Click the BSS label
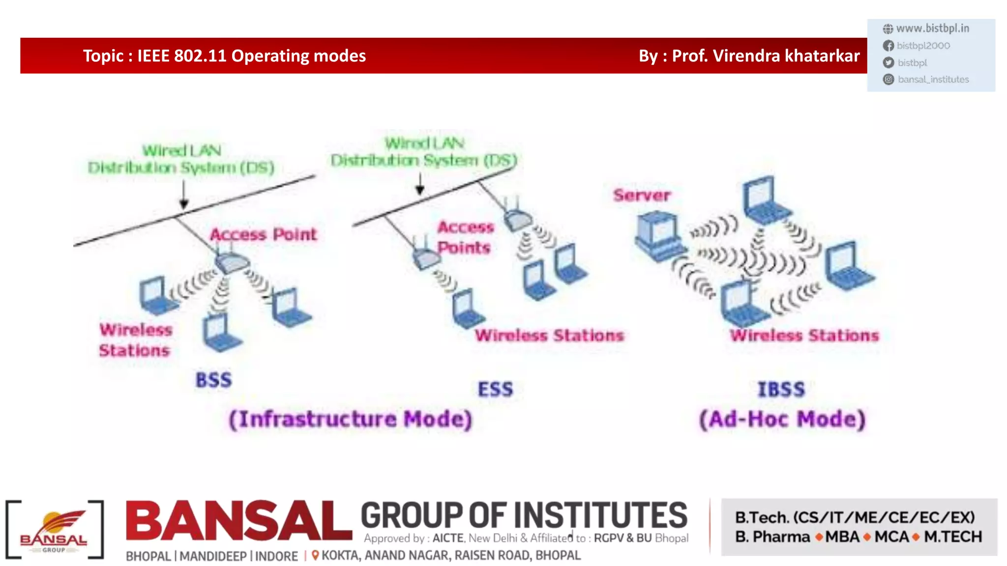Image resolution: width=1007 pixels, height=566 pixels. pyautogui.click(x=213, y=380)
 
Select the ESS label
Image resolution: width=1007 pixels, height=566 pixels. pyautogui.click(x=495, y=389)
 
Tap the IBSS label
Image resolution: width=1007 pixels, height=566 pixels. pyautogui.click(x=781, y=390)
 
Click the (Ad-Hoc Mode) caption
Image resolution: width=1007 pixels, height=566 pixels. pyautogui.click(x=782, y=419)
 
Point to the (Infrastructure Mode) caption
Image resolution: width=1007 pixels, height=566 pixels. pyautogui.click(x=351, y=419)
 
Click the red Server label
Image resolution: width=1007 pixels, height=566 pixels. pyautogui.click(x=642, y=196)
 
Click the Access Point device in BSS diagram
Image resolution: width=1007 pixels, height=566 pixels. pyautogui.click(x=232, y=262)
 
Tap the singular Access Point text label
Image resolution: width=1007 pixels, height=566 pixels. pyautogui.click(x=264, y=234)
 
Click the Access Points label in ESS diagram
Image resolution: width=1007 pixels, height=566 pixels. pyautogui.click(x=465, y=237)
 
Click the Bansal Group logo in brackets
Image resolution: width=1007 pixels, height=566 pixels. pyautogui.click(x=54, y=530)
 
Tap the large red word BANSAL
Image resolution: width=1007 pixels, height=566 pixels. pyautogui.click(x=238, y=521)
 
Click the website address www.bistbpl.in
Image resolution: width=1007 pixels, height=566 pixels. pyautogui.click(x=932, y=28)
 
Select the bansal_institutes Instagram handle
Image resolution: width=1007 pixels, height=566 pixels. pyautogui.click(x=933, y=80)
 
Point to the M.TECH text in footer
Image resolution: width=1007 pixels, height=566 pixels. pyautogui.click(x=952, y=537)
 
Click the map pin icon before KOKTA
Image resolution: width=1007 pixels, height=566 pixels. pyautogui.click(x=315, y=555)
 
